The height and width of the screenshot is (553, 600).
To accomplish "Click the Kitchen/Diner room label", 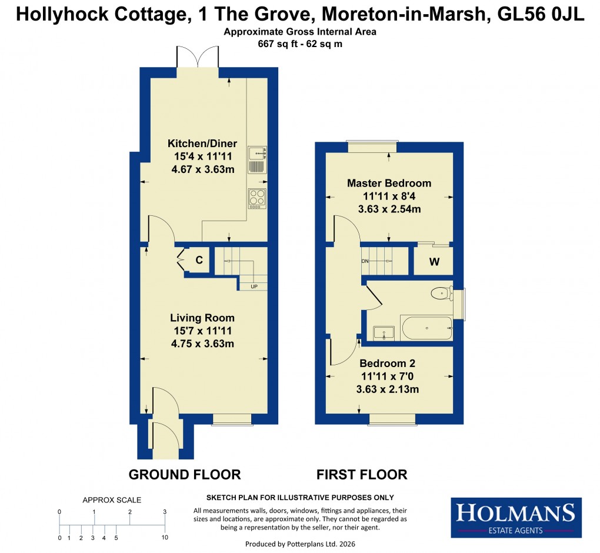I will [202, 144].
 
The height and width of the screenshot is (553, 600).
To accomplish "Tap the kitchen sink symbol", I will [258, 159].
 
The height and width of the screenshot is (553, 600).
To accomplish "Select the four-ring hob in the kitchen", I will [257, 198].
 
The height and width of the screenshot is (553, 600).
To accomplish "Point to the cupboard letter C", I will [199, 260].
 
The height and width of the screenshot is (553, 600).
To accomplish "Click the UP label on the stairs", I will [254, 287].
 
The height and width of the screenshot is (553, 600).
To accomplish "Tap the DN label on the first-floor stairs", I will [365, 261].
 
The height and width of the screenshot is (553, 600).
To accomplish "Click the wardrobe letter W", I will [434, 262].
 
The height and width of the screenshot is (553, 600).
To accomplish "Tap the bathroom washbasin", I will [384, 332].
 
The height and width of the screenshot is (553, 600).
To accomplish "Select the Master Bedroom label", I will [389, 183].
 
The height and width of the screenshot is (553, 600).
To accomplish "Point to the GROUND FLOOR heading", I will [185, 474].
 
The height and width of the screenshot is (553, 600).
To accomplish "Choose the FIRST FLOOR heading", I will [362, 474].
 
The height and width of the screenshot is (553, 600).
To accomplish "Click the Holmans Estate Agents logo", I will [516, 517].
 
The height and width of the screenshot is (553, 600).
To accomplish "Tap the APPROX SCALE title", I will [112, 500].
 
